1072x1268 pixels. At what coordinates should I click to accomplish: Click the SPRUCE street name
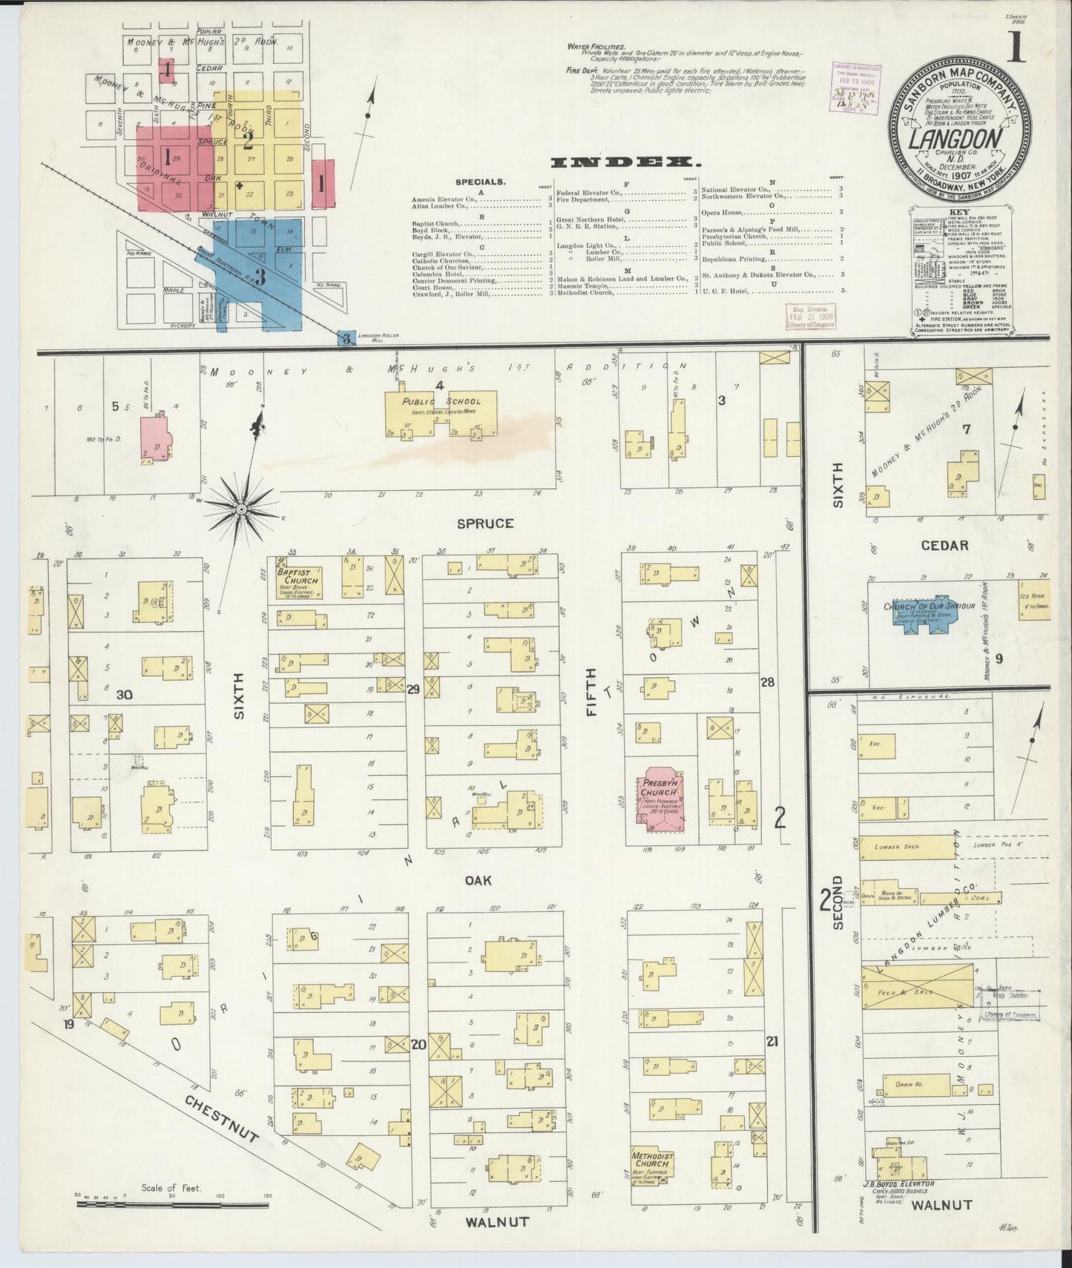click(485, 524)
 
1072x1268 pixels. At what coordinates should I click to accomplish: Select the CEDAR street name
click(944, 545)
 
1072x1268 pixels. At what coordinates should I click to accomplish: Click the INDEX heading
click(626, 162)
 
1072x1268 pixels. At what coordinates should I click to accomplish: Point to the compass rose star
click(241, 509)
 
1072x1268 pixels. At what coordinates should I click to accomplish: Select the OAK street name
click(479, 880)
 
